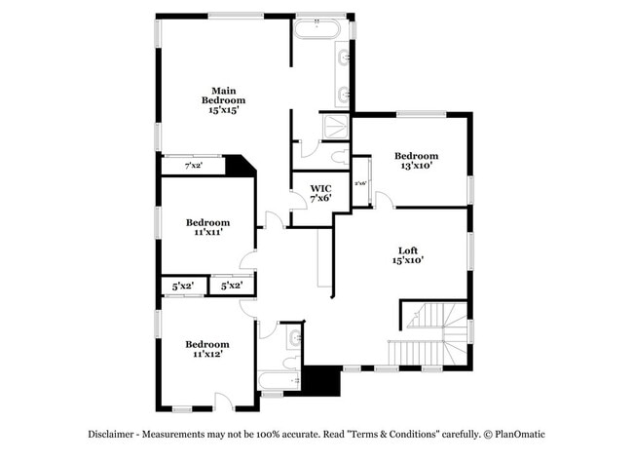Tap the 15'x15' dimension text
223,110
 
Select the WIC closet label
320,188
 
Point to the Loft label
407,249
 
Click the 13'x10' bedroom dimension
415,166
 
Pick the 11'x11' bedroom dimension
207,233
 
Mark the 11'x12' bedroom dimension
207,355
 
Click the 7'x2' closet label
194,166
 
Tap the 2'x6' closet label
360,183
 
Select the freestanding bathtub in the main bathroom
317,29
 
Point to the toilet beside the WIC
337,156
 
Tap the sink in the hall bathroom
294,340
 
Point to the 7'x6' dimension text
320,199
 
